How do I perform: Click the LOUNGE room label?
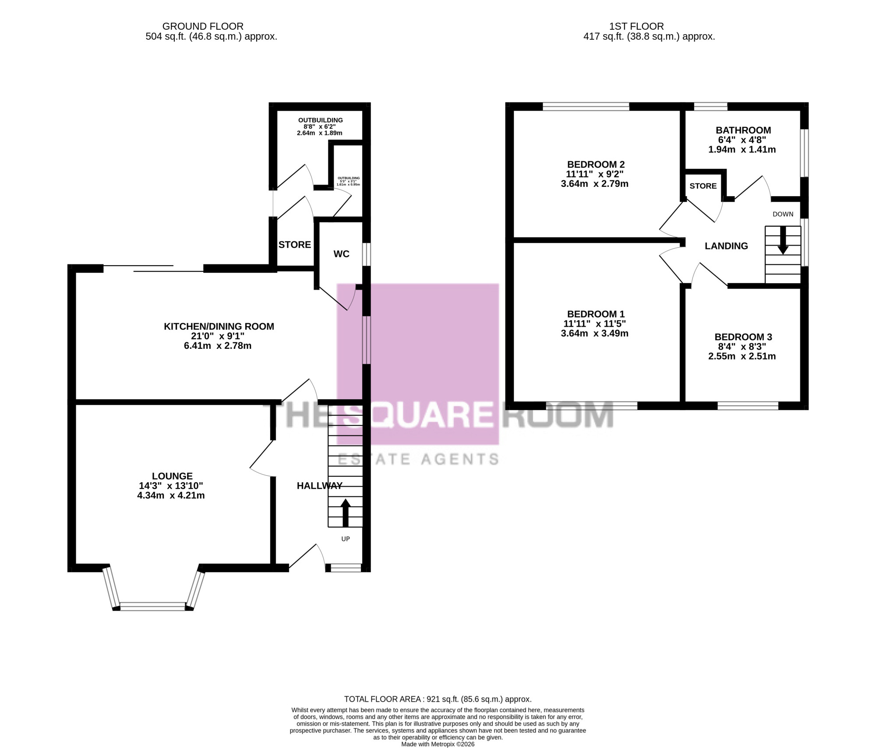click(x=172, y=476)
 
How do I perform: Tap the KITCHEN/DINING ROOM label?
click(x=219, y=327)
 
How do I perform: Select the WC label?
click(x=342, y=254)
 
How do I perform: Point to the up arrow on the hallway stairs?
click(x=346, y=513)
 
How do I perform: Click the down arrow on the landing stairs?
click(x=783, y=240)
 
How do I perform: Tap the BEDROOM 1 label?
click(x=596, y=314)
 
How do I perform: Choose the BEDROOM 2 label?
click(x=596, y=165)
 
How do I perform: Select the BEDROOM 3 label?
click(x=743, y=337)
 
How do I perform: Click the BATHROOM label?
click(x=743, y=130)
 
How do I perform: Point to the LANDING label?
click(x=726, y=246)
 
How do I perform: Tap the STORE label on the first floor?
click(x=703, y=186)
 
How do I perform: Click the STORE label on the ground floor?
click(x=295, y=245)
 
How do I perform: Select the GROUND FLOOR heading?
click(x=203, y=27)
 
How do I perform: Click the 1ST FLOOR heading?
click(x=636, y=27)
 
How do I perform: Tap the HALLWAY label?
click(x=320, y=486)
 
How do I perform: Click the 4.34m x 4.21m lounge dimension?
click(x=171, y=495)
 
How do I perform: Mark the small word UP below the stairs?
click(x=346, y=539)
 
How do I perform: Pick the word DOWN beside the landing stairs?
click(x=783, y=214)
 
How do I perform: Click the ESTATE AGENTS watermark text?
click(x=419, y=459)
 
